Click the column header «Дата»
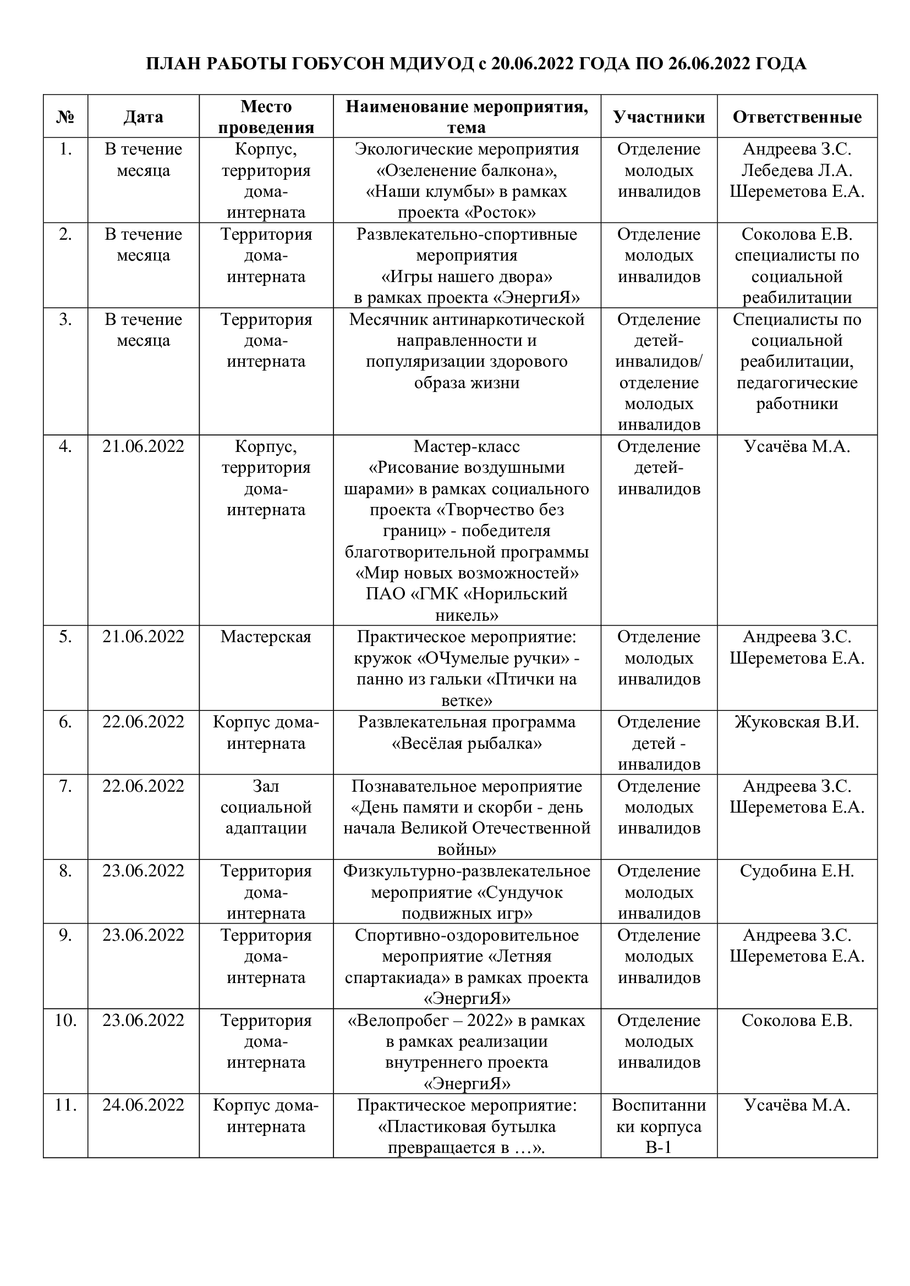(144, 117)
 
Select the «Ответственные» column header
(797, 117)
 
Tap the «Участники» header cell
(659, 117)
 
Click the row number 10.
(65, 1020)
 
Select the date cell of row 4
(144, 446)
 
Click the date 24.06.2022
(144, 1105)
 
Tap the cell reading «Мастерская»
(266, 637)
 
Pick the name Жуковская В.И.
(797, 722)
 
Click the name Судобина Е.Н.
(797, 871)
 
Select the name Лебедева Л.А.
(797, 170)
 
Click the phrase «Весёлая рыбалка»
(467, 743)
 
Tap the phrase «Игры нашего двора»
(467, 277)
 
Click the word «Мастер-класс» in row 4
(467, 446)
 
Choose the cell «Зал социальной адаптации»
(266, 807)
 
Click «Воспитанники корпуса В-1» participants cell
(659, 1127)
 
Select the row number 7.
(65, 786)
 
